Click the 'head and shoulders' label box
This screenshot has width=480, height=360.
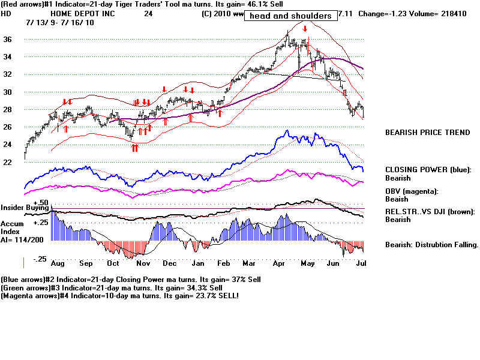[290, 16]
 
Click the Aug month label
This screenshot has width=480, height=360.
[59, 263]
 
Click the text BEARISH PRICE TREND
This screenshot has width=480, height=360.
[427, 133]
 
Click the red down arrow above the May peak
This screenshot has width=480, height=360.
[305, 29]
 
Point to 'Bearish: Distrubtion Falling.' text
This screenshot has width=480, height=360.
[431, 245]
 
